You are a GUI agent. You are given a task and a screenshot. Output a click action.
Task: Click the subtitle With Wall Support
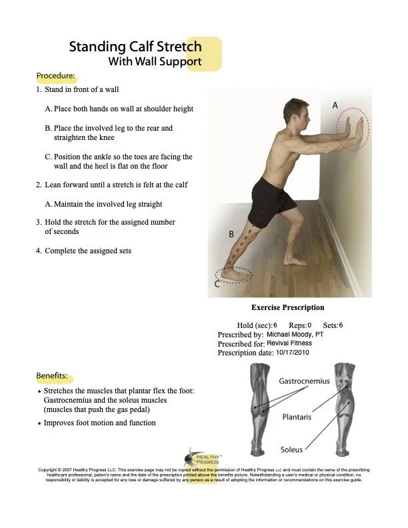coord(155,63)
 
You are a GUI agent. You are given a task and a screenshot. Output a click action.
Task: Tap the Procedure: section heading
coord(55,76)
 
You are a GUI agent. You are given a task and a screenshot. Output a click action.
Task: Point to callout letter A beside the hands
coord(335,105)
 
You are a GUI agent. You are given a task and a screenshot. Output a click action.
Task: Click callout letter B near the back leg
coord(231,235)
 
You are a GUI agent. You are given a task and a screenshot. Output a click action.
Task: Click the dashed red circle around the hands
coord(352,129)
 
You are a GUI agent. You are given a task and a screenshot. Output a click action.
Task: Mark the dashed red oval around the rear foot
coord(235,274)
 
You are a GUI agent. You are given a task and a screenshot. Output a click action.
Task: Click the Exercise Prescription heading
coord(287,308)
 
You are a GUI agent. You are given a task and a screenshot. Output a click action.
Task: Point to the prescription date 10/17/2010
coord(293,352)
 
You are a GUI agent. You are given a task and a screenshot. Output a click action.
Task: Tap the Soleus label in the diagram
coord(291,449)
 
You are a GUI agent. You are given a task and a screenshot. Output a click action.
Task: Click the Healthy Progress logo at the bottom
coord(198,458)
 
